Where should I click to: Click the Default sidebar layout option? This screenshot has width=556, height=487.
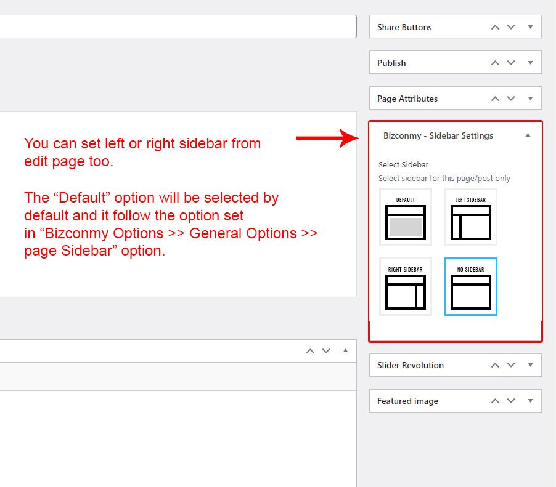pyautogui.click(x=406, y=217)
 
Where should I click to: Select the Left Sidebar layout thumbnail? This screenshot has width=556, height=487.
pyautogui.click(x=470, y=217)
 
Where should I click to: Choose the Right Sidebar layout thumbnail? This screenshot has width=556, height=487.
pyautogui.click(x=406, y=286)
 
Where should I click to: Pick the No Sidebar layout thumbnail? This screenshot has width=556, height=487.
pyautogui.click(x=470, y=286)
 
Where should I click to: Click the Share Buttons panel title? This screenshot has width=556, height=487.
pyautogui.click(x=404, y=27)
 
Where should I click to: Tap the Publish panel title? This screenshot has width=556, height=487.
pyautogui.click(x=391, y=63)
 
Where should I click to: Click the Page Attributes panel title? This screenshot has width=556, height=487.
pyautogui.click(x=407, y=99)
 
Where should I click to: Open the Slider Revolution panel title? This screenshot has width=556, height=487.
pyautogui.click(x=411, y=365)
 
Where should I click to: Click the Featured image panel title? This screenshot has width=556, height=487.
pyautogui.click(x=407, y=401)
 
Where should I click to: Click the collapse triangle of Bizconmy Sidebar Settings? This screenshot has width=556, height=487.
pyautogui.click(x=528, y=135)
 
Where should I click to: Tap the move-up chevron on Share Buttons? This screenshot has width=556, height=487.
pyautogui.click(x=495, y=27)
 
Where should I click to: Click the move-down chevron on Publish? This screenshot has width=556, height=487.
pyautogui.click(x=511, y=63)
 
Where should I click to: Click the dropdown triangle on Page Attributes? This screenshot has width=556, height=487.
pyautogui.click(x=531, y=99)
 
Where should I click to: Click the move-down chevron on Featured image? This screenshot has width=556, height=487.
pyautogui.click(x=511, y=401)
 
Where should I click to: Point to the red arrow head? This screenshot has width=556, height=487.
pyautogui.click(x=350, y=138)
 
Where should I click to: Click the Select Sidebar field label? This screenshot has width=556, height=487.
pyautogui.click(x=403, y=165)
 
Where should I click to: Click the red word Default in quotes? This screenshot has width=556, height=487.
pyautogui.click(x=82, y=198)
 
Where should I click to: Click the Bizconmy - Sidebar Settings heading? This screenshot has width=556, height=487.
pyautogui.click(x=438, y=135)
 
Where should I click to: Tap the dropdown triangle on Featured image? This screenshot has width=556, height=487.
pyautogui.click(x=531, y=401)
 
